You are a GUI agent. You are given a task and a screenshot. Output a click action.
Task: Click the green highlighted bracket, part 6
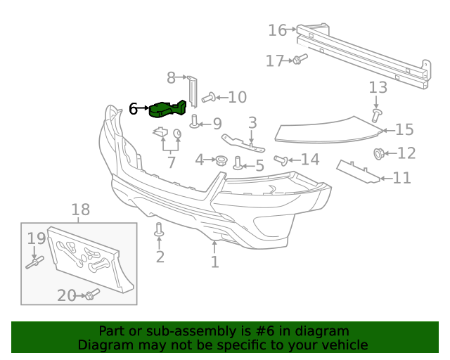coord(169,110)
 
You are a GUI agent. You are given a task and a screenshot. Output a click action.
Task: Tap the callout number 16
coord(278,30)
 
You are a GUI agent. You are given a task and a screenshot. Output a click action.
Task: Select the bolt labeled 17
coord(297,60)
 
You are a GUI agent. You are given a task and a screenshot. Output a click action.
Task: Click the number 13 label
coord(378,88)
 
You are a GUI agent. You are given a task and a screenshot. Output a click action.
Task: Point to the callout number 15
coord(404,130)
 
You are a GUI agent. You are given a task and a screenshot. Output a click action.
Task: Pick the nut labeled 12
coord(379,153)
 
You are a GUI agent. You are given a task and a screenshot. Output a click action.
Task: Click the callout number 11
coord(401,177)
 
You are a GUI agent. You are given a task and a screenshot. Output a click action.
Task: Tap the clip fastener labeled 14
coord(282,160)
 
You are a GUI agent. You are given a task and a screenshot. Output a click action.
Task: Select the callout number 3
coord(252,123)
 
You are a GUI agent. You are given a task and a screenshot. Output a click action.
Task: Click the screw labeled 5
coord(238,163)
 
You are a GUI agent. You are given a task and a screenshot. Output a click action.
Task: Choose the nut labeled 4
coord(220,161)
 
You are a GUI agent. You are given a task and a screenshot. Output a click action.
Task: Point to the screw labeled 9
coord(195,122)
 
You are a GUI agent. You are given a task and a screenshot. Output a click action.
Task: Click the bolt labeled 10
coord(208,97)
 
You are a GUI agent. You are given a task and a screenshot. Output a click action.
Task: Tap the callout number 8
coord(171,77)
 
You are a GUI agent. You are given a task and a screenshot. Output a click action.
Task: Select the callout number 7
coord(171,163)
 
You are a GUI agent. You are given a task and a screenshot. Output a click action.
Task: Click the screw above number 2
coord(160,229)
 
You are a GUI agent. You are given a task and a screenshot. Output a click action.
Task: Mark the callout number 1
coord(214,262)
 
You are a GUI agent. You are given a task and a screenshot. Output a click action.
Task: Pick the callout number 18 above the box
coord(81,209)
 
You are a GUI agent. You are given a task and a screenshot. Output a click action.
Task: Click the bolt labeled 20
coord(91,295)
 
